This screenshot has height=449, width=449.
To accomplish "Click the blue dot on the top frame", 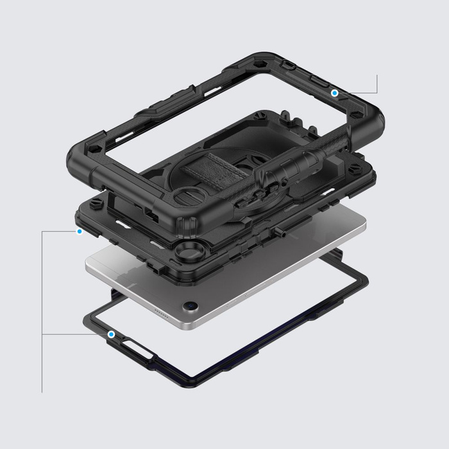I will click(334, 93).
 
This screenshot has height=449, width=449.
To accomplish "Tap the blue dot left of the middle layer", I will click(79, 231).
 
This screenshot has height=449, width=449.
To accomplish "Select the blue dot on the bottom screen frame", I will click(112, 334).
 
